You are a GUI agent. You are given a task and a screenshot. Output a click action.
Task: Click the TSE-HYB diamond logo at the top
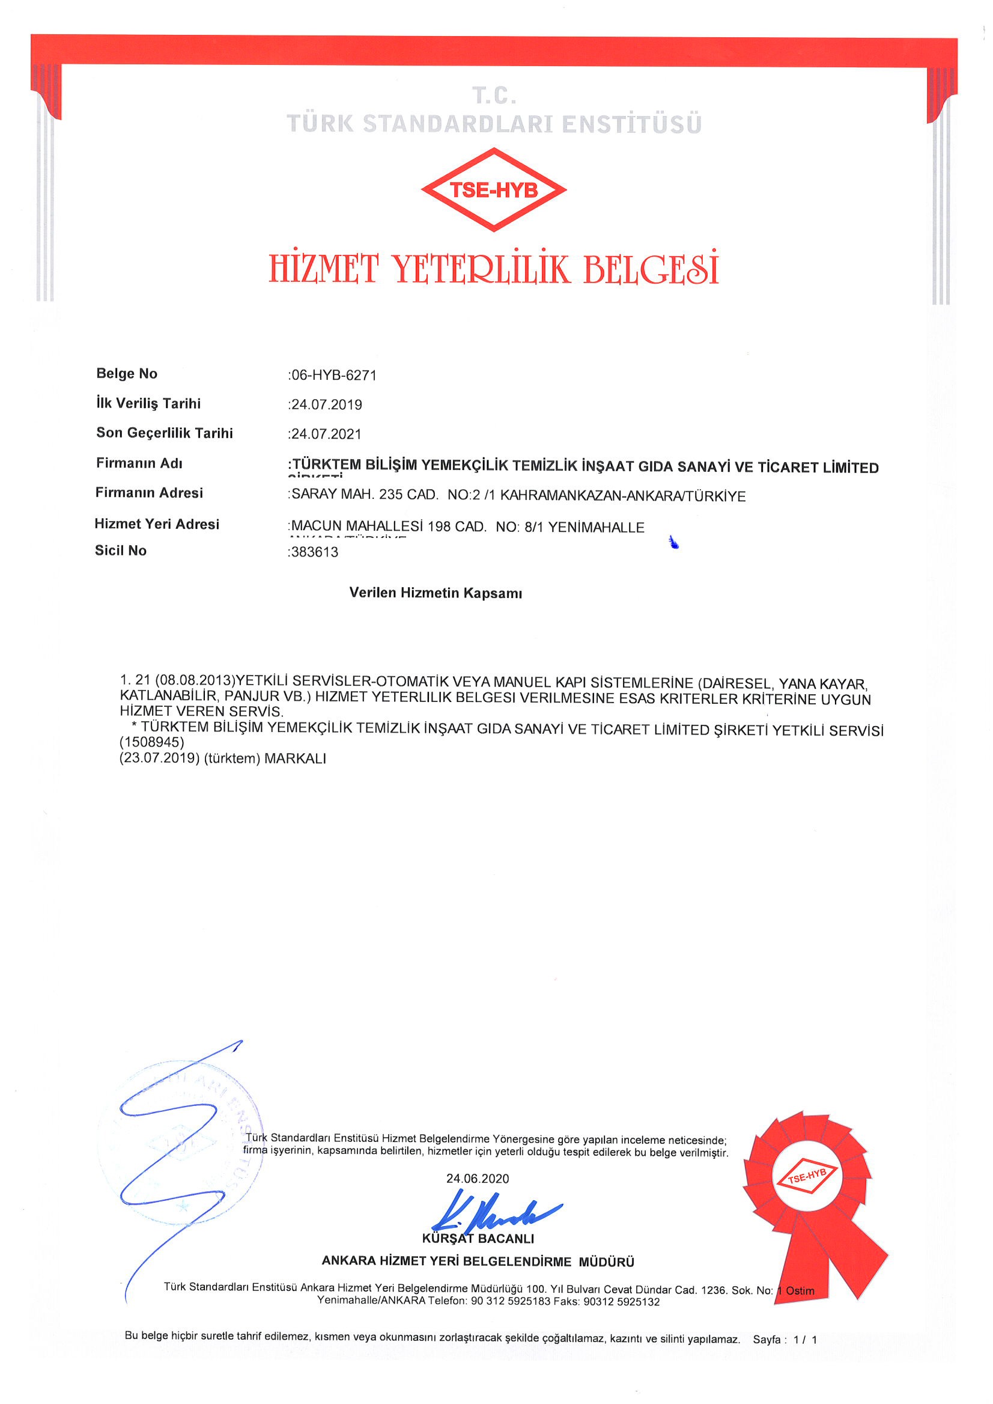pos(493,190)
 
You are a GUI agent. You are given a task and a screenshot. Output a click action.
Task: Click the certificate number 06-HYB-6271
pos(334,375)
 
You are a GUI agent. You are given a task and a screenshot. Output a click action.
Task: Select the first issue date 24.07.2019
pos(327,404)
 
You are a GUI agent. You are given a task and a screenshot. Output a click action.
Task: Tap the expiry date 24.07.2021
pos(327,434)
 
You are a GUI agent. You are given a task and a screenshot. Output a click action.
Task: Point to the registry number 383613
pos(314,552)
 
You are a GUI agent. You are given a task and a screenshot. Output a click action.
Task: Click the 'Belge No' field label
pos(127,374)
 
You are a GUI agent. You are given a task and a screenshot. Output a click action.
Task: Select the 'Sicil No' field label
pos(121,551)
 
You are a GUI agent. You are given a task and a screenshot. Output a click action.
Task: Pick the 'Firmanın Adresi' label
pos(148,493)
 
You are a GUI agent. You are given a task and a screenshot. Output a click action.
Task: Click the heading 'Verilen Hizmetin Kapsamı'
pos(436,593)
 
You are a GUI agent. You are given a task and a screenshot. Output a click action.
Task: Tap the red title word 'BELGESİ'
pos(651,269)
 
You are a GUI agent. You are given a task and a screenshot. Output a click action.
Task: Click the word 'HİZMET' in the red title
pos(323,269)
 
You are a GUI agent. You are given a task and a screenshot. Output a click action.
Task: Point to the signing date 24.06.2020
pos(477,1178)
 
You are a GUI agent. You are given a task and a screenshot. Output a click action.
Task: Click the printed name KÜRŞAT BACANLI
pos(478,1239)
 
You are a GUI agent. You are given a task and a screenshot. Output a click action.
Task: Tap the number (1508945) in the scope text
pos(151,743)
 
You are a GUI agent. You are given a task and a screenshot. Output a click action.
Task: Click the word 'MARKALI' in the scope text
pos(296,758)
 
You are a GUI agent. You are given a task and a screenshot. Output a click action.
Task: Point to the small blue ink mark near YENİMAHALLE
pos(674,542)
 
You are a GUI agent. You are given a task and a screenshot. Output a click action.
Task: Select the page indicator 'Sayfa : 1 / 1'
pos(785,1339)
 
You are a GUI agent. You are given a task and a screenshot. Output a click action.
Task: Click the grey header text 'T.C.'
pos(494,96)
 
